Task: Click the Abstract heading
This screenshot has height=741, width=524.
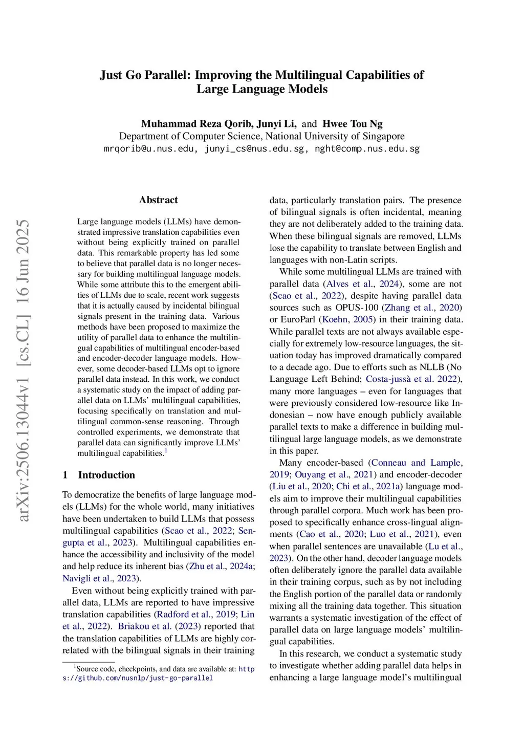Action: point(158,200)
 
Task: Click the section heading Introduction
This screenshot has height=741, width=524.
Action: point(106,475)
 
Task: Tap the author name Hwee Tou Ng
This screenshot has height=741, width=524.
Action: point(352,124)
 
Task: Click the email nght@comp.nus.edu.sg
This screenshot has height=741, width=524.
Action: point(367,149)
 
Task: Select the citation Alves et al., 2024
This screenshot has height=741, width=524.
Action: point(362,284)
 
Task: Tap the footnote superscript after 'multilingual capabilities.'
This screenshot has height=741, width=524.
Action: point(166,451)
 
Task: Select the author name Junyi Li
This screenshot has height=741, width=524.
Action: point(276,124)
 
